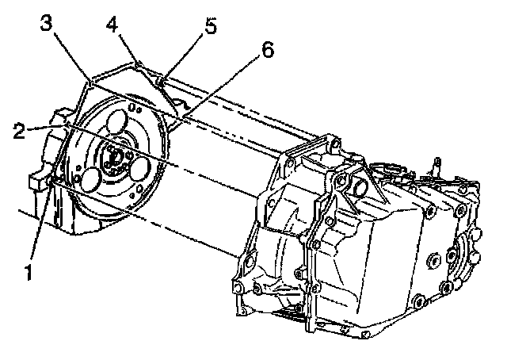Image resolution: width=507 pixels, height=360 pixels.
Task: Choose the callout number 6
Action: (x=267, y=51)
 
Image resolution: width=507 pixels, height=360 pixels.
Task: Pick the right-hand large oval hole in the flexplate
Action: (x=143, y=169)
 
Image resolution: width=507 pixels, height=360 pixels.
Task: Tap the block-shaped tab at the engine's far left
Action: (x=36, y=181)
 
